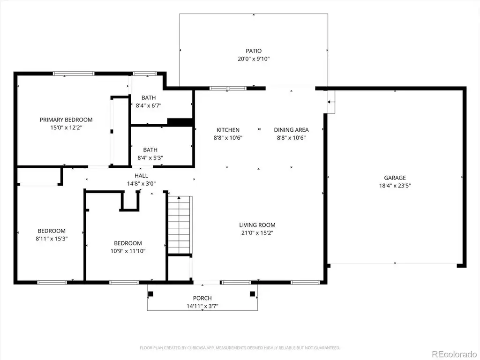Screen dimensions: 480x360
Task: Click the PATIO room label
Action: (254, 51)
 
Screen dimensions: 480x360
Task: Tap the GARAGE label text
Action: (395, 178)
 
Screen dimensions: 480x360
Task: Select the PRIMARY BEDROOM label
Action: (66, 120)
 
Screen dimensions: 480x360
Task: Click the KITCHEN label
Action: (228, 130)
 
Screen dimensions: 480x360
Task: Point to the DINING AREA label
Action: (291, 130)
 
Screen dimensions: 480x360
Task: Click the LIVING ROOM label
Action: (257, 225)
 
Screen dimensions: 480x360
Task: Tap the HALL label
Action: (142, 176)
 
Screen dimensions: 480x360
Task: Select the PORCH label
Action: (202, 298)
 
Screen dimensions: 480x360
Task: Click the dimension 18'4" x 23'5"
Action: (395, 186)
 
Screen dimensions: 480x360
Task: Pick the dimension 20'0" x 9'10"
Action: (254, 59)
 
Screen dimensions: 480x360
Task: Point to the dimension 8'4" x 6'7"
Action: (149, 105)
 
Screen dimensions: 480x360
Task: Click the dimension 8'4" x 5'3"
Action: (150, 158)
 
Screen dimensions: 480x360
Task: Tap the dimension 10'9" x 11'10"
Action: (128, 251)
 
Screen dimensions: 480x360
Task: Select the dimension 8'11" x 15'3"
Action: (52, 239)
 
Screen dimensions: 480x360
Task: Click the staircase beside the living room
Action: (180, 225)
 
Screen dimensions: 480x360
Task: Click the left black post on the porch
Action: (150, 294)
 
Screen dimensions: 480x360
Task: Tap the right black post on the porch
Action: (253, 294)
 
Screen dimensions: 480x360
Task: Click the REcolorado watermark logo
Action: (454, 354)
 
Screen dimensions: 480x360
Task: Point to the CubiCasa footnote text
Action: (240, 348)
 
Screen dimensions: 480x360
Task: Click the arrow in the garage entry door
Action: (329, 102)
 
